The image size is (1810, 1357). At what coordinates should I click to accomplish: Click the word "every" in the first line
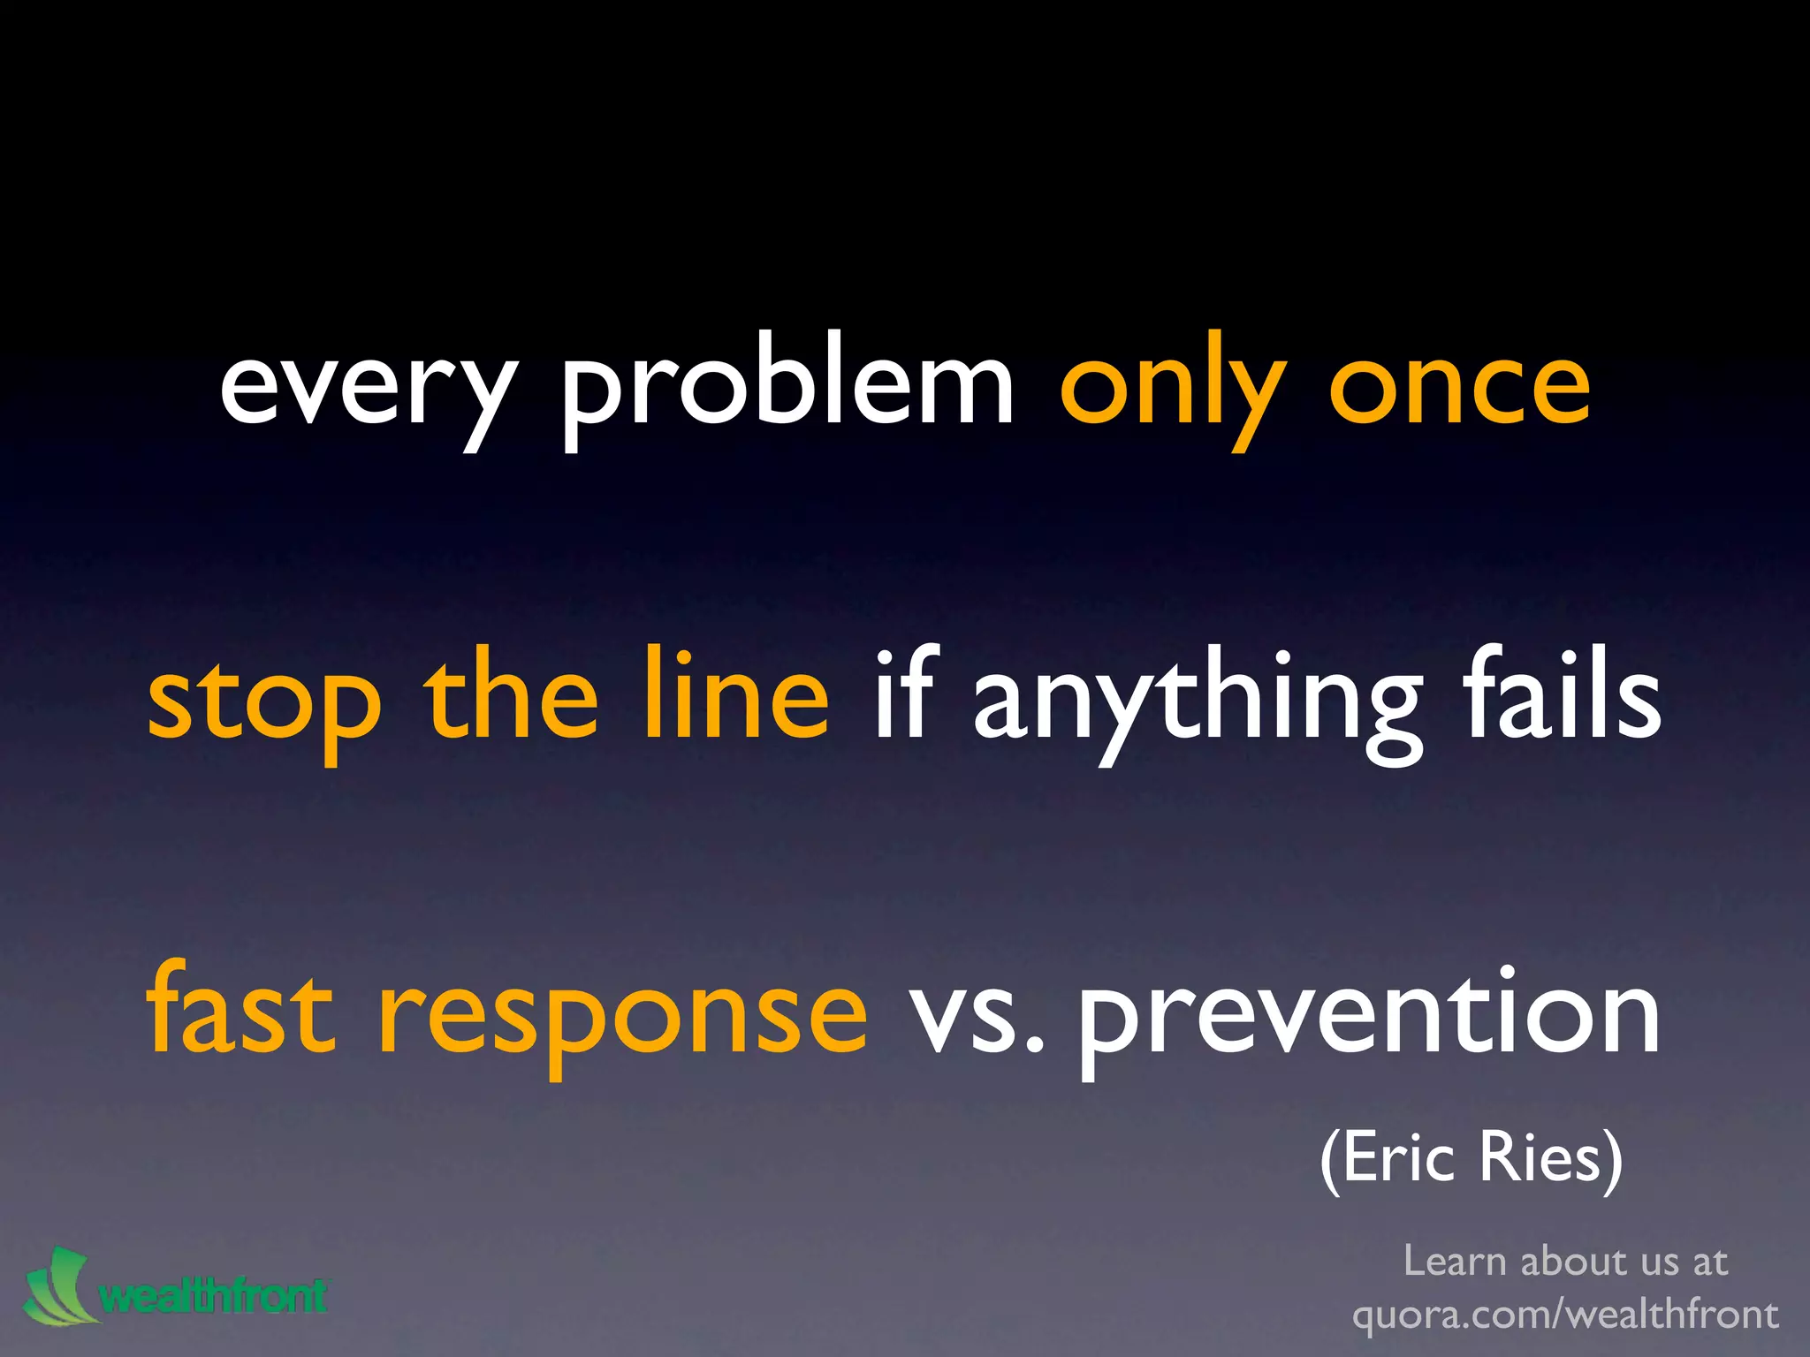click(x=367, y=389)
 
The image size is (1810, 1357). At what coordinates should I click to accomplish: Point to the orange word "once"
click(x=1459, y=389)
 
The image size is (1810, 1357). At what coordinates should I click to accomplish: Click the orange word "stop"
click(x=264, y=702)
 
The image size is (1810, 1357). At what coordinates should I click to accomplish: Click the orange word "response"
click(x=623, y=1016)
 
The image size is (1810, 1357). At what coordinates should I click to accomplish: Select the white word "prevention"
click(x=1369, y=1016)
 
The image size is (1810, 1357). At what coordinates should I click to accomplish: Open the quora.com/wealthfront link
click(x=1565, y=1314)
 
